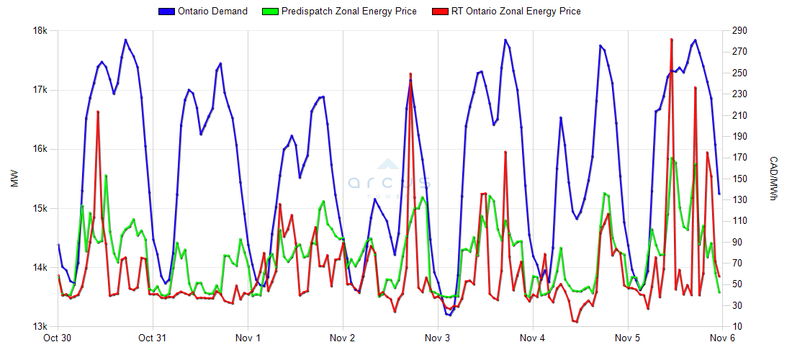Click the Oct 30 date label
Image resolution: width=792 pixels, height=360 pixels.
(58, 338)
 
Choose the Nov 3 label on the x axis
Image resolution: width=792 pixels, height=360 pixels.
(438, 338)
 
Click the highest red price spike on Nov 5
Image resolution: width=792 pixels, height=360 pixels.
(671, 40)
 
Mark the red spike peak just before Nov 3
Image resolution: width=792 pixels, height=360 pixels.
(410, 73)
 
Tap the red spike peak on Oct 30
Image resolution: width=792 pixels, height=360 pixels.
(98, 112)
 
